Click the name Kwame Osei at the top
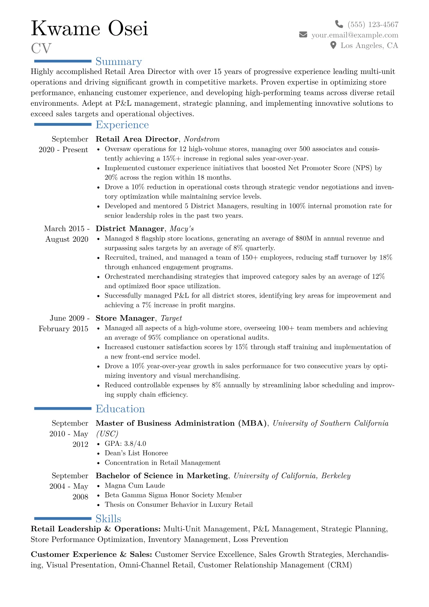click(89, 28)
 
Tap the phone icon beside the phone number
click(339, 24)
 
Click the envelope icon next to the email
click(303, 35)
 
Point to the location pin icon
click(333, 45)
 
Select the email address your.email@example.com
click(355, 35)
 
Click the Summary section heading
click(119, 62)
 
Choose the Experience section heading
click(122, 125)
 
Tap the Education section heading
click(120, 409)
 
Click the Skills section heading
click(108, 519)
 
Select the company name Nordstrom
click(202, 139)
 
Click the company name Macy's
click(182, 229)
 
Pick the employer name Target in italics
click(171, 318)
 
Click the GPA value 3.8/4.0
click(135, 444)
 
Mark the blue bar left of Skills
click(63, 519)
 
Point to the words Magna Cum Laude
click(135, 485)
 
